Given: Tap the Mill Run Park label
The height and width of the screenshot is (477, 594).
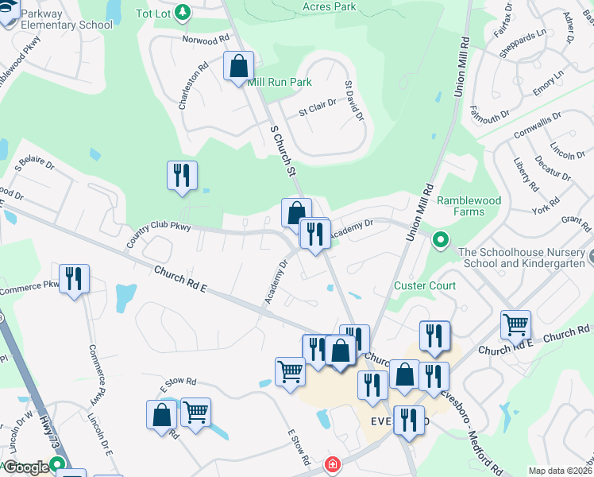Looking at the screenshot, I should (x=280, y=82).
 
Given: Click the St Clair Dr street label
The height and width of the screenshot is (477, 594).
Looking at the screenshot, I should (x=318, y=107).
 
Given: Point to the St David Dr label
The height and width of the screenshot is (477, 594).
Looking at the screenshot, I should (x=353, y=100).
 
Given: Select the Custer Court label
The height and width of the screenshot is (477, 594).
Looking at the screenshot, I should (x=425, y=285).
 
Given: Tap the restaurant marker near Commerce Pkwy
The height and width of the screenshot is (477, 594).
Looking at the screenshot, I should (x=74, y=279).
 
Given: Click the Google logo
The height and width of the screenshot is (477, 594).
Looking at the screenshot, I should (x=28, y=467).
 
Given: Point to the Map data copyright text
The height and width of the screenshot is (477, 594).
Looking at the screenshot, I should (x=559, y=471).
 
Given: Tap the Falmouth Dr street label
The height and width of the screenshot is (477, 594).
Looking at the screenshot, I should (x=490, y=117).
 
